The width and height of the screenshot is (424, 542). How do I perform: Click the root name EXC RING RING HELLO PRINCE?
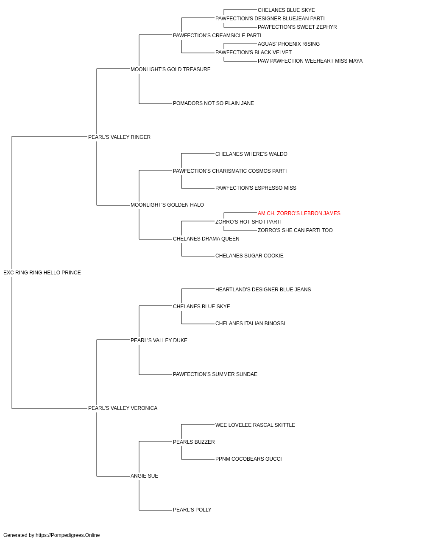pos(42,273)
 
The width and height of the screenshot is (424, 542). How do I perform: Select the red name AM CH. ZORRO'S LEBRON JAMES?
pos(299,213)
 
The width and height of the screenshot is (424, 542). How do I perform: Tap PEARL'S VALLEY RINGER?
pos(119,137)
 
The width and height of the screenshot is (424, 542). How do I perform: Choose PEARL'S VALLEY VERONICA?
pos(123,408)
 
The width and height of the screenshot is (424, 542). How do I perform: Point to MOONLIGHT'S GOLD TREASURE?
pos(170,69)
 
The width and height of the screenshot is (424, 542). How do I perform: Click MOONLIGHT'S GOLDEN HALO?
pos(167,205)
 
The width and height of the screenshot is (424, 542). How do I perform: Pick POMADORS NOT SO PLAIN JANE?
pos(213,103)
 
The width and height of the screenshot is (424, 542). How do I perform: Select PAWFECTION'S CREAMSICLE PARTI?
pos(217,36)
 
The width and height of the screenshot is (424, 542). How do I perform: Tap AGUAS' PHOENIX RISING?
pos(288,44)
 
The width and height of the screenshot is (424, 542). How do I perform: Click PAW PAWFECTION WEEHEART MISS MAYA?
pos(310,61)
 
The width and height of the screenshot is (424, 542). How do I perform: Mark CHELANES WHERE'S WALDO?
pos(251,154)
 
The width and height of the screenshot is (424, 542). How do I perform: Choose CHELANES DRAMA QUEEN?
pos(206,239)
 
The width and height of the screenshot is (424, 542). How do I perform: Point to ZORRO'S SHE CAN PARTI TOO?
pos(295,230)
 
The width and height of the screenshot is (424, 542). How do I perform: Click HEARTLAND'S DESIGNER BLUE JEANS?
pos(263,290)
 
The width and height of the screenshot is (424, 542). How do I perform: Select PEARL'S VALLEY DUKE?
pos(159,340)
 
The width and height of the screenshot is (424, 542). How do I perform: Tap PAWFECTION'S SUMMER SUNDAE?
pos(215,374)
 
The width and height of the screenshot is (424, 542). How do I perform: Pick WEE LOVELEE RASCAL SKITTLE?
pos(255,425)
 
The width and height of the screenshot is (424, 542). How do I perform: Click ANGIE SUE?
pos(144,476)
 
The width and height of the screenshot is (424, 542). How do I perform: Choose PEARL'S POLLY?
pos(192,509)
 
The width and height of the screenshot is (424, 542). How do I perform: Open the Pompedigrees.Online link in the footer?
pos(67,535)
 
